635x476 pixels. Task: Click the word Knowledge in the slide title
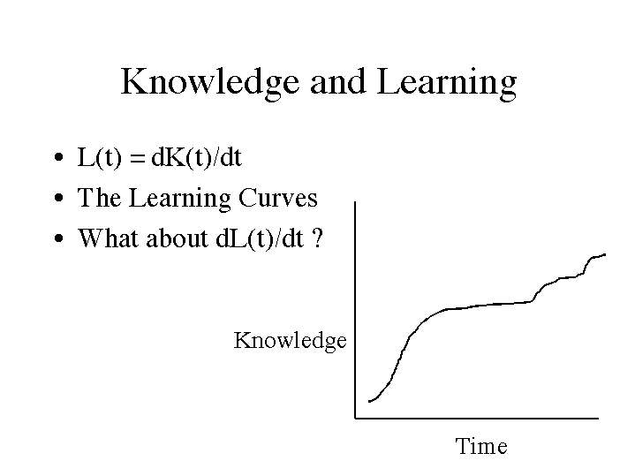(x=210, y=83)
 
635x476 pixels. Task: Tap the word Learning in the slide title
(x=447, y=83)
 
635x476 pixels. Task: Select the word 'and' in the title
(x=338, y=81)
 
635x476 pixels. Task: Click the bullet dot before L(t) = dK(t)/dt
(x=58, y=157)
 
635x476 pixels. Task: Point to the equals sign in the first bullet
(x=138, y=157)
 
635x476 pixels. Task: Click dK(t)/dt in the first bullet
(x=196, y=157)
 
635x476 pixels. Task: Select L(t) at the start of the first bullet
(x=99, y=157)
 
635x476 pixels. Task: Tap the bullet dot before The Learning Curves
(x=58, y=198)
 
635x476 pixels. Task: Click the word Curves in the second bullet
(x=278, y=198)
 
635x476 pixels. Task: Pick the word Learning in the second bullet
(x=180, y=199)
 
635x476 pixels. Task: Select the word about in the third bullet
(x=177, y=238)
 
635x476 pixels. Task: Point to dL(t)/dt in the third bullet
(x=260, y=238)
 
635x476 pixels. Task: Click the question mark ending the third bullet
(x=318, y=238)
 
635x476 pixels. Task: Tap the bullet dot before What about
(x=58, y=238)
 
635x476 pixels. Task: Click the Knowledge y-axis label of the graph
(x=290, y=341)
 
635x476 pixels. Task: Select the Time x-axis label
(x=481, y=446)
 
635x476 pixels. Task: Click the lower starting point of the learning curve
(x=369, y=402)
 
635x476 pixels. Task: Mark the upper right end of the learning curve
(x=605, y=254)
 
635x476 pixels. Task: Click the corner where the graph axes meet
(x=356, y=418)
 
